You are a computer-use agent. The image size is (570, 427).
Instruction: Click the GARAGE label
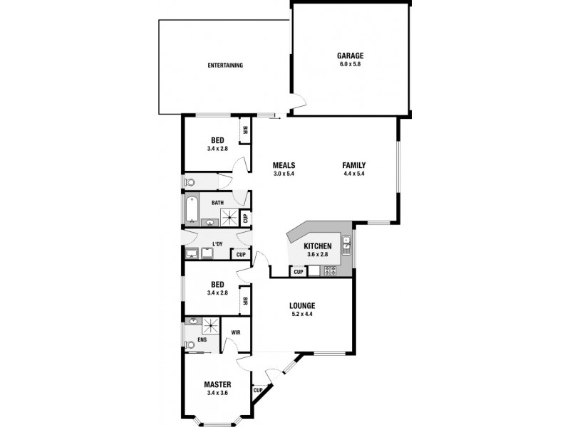(351, 56)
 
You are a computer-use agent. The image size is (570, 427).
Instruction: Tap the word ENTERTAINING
(225, 65)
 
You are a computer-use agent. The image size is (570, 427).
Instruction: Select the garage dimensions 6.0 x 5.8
(351, 64)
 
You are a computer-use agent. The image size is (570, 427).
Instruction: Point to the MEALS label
(284, 165)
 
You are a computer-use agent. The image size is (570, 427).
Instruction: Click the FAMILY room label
(354, 165)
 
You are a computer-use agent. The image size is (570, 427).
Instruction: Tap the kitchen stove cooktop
(331, 270)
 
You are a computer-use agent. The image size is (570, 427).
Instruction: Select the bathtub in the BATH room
(190, 211)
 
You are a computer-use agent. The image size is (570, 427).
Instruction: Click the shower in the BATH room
(229, 216)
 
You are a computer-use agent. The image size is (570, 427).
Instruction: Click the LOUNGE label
(302, 305)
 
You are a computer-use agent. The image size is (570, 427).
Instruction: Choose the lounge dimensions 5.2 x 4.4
(302, 314)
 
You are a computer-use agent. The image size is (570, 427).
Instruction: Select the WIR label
(235, 331)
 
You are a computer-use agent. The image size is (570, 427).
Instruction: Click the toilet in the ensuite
(189, 345)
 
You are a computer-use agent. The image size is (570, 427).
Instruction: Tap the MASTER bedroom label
(217, 385)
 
